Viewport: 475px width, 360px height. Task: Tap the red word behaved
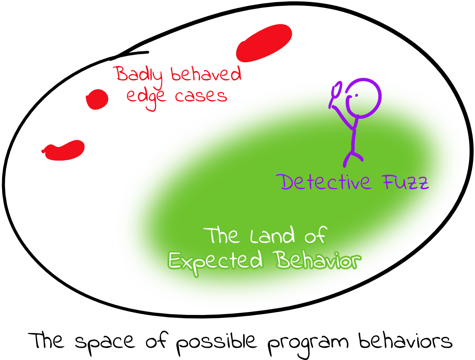[206, 75]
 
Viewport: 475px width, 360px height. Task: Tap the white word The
[223, 236]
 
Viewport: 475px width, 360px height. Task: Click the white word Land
[272, 236]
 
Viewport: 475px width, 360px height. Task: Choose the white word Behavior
[318, 260]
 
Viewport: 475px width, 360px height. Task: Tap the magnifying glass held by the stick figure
[336, 91]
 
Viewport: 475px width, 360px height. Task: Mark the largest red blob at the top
[264, 43]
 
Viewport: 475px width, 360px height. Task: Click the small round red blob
[97, 99]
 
